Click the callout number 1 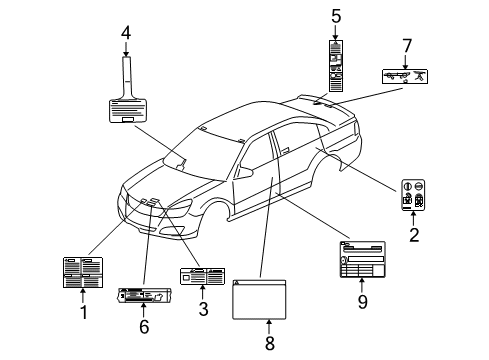84,312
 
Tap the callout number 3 204,309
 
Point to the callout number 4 125,32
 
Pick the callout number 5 336,15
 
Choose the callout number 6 144,326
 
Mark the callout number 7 406,45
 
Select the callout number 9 362,301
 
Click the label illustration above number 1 82,272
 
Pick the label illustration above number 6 144,296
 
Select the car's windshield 205,151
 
